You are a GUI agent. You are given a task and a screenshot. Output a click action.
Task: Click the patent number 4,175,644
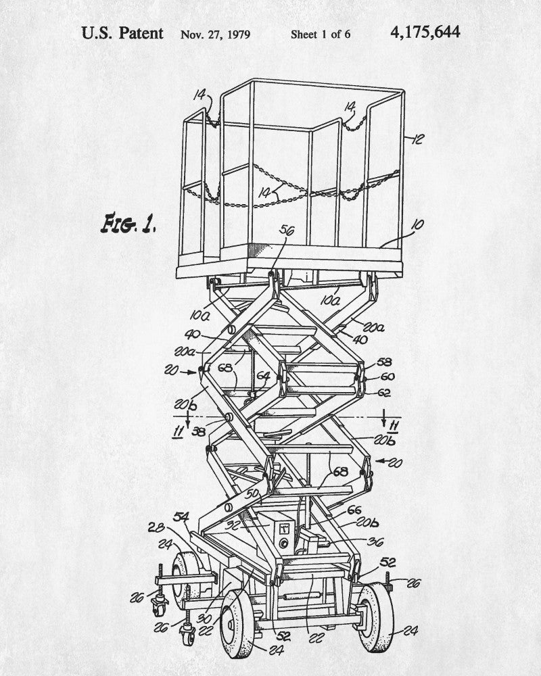[425, 32]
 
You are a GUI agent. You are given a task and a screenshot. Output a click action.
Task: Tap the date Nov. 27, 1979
[215, 34]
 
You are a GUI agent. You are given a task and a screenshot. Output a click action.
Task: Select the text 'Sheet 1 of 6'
[320, 34]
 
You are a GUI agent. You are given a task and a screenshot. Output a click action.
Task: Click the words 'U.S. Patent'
[122, 33]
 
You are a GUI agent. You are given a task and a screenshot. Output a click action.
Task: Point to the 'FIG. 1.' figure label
[128, 223]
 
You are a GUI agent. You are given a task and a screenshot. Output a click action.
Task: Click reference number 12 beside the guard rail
[417, 139]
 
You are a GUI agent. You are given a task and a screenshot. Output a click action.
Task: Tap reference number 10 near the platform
[417, 225]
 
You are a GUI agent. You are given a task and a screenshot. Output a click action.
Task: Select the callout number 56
[287, 231]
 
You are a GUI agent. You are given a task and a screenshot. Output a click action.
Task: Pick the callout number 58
[384, 362]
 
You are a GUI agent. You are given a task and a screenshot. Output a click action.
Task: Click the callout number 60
[387, 377]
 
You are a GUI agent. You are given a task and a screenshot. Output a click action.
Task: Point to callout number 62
[383, 393]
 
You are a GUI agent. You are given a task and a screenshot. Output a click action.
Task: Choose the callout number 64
[263, 376]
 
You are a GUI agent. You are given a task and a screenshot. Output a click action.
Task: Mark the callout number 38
[198, 431]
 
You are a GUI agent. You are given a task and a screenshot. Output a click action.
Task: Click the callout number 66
[354, 510]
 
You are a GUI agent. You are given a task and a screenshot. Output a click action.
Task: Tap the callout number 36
[375, 542]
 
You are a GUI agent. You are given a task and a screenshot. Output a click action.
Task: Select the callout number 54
[181, 516]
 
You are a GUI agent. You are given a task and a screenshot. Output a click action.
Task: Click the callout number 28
[156, 527]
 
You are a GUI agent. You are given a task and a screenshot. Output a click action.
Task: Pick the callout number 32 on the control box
[233, 525]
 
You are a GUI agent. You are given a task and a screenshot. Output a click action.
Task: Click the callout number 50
[252, 493]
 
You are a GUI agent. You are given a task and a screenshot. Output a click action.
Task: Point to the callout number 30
[204, 619]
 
